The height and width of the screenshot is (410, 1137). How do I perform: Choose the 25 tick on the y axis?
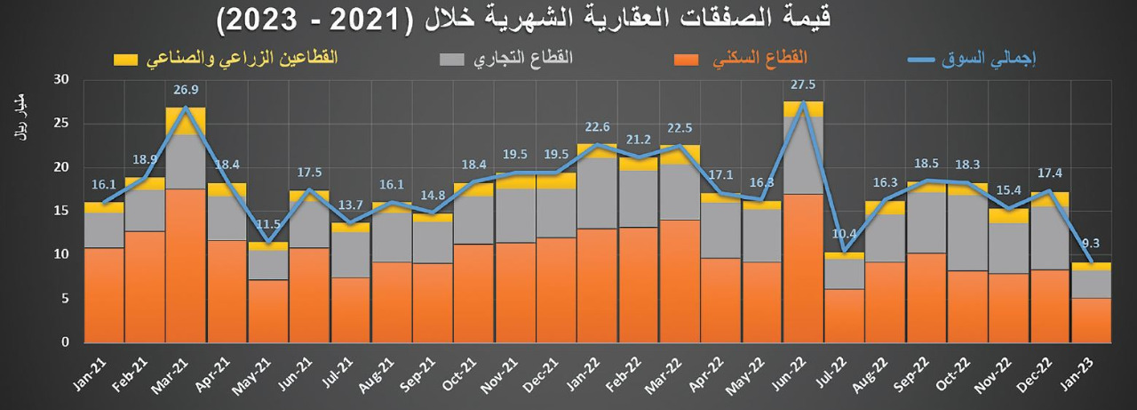(x=61, y=123)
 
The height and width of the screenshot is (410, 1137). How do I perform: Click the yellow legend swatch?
(x=126, y=60)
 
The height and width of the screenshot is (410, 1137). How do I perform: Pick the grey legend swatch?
(x=452, y=60)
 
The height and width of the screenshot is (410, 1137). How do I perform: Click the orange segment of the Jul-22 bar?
(x=844, y=315)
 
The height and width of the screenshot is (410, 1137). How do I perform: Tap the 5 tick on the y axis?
(x=65, y=299)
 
